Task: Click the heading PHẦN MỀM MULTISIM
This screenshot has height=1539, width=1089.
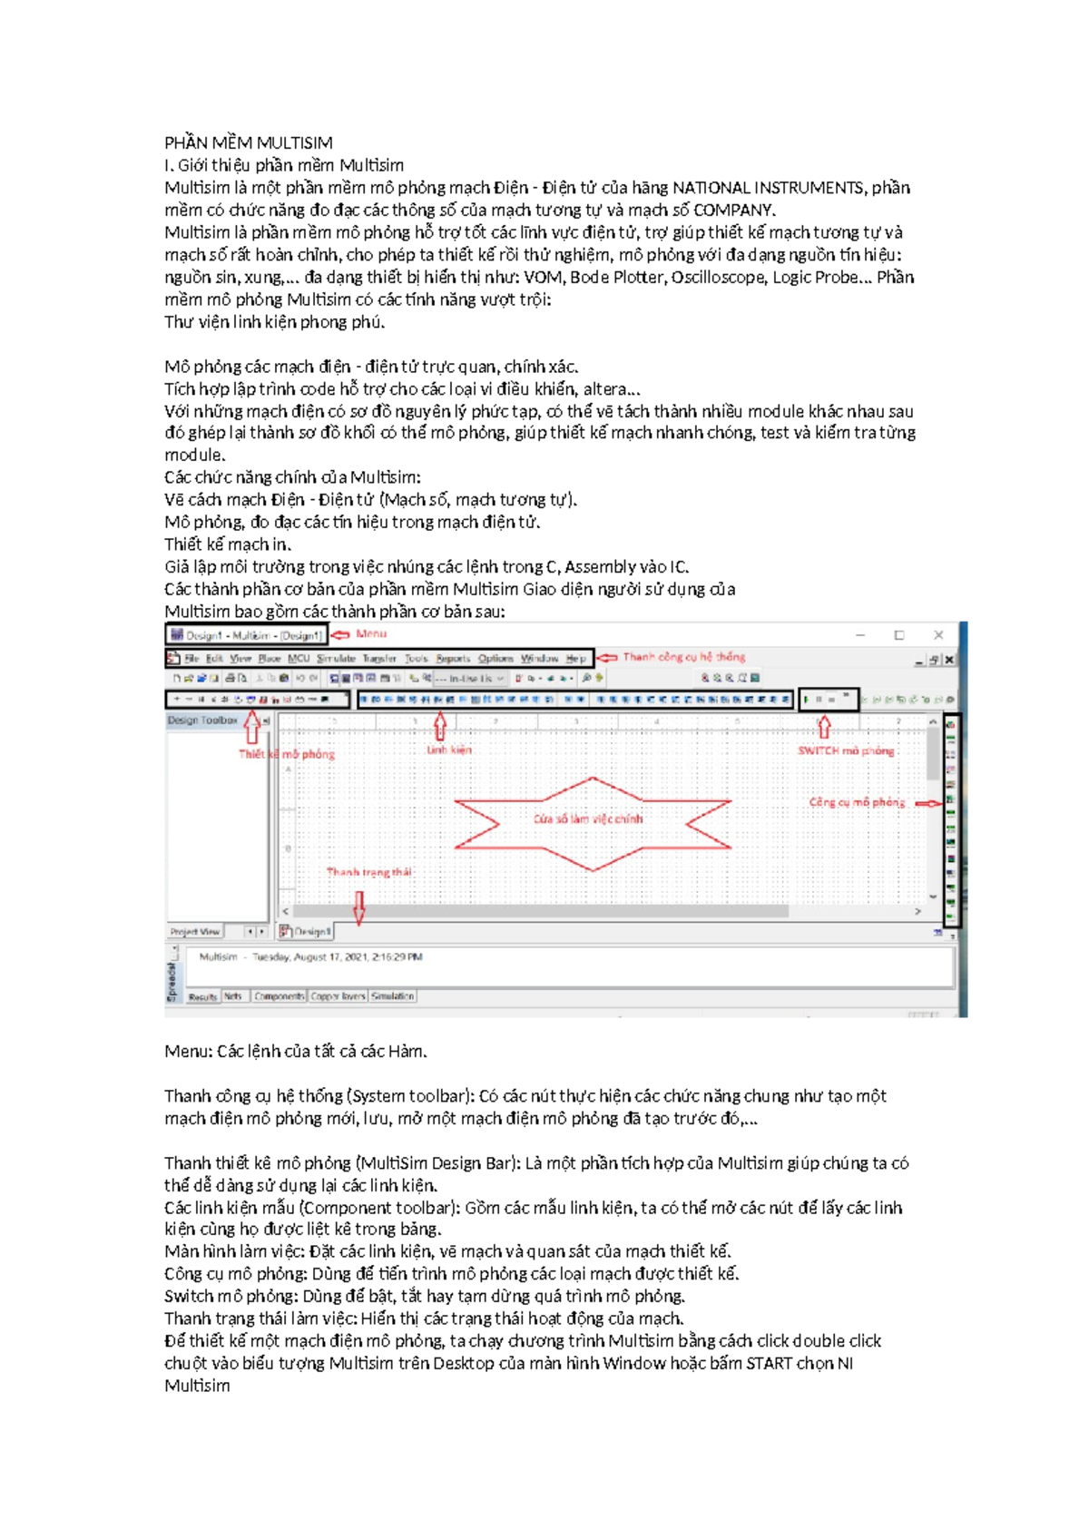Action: [248, 142]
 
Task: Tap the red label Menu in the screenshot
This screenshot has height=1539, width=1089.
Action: [370, 633]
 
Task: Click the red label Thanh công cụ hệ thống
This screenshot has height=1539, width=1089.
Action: [683, 656]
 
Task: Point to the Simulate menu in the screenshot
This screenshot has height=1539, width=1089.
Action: [336, 658]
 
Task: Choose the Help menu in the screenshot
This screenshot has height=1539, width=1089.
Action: [576, 658]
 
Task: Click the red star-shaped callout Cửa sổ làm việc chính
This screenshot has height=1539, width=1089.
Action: [588, 819]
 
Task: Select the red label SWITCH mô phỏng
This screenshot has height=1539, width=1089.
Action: [846, 750]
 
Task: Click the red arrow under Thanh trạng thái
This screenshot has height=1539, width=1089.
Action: [359, 907]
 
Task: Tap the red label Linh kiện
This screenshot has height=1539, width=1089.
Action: [449, 750]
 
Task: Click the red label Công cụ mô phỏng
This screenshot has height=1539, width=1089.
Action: [857, 802]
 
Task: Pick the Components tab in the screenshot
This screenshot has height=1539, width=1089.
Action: [279, 996]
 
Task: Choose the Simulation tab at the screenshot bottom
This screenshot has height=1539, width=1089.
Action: [392, 996]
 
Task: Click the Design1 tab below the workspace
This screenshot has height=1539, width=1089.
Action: [309, 931]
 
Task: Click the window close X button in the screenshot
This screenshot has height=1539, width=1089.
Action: [938, 635]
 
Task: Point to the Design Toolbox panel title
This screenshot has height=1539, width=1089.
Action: [201, 720]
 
